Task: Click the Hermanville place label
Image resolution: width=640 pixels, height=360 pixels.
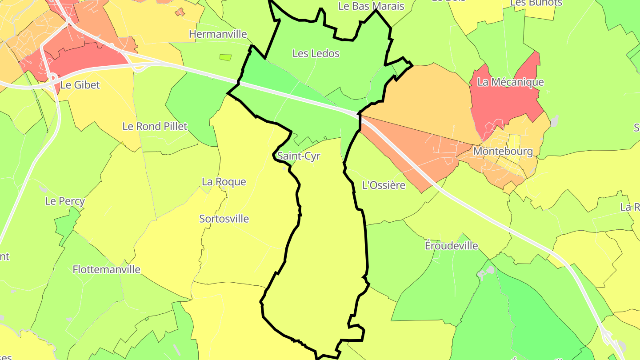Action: (218, 34)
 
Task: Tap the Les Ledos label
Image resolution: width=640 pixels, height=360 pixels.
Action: (316, 53)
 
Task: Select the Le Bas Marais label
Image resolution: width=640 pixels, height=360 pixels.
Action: (371, 6)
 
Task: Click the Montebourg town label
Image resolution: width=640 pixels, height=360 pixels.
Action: (503, 151)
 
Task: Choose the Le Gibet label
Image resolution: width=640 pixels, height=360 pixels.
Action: (80, 85)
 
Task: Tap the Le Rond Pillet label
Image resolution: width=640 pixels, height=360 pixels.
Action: (155, 126)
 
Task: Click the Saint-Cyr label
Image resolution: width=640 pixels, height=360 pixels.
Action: (298, 156)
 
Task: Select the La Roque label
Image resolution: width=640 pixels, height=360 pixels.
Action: (224, 182)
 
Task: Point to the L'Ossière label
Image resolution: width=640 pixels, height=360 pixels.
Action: (384, 185)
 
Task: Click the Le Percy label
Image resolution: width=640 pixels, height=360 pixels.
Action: (65, 201)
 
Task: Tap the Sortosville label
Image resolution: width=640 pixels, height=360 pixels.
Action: (224, 219)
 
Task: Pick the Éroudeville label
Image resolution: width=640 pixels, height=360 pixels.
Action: (451, 246)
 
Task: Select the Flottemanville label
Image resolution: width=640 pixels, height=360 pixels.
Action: (106, 269)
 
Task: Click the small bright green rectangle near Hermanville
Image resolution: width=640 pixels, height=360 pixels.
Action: (225, 57)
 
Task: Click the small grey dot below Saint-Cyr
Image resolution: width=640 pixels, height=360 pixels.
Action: (284, 168)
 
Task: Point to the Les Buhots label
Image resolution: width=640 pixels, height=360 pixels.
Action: (536, 3)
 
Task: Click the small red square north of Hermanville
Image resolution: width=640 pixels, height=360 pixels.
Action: (180, 12)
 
